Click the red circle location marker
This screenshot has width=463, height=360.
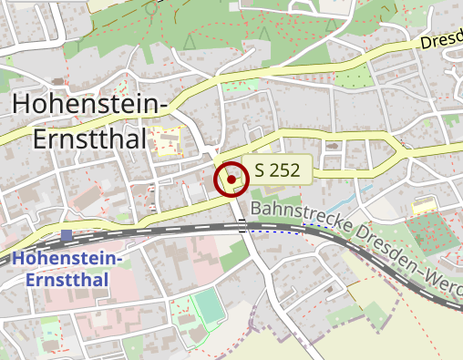coord(231,180)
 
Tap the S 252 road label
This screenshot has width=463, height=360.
coord(277,170)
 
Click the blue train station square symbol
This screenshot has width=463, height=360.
coord(67,236)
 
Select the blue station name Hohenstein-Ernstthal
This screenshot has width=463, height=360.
coord(67,269)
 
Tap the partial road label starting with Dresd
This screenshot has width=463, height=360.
coord(441,42)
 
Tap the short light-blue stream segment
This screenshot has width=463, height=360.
coord(365,192)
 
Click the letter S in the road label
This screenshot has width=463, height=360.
coord(261,170)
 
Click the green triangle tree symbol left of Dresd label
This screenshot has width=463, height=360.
coord(264,33)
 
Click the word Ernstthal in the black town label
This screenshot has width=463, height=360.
coord(89,138)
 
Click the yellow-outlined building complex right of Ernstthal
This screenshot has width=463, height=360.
coord(168,141)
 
